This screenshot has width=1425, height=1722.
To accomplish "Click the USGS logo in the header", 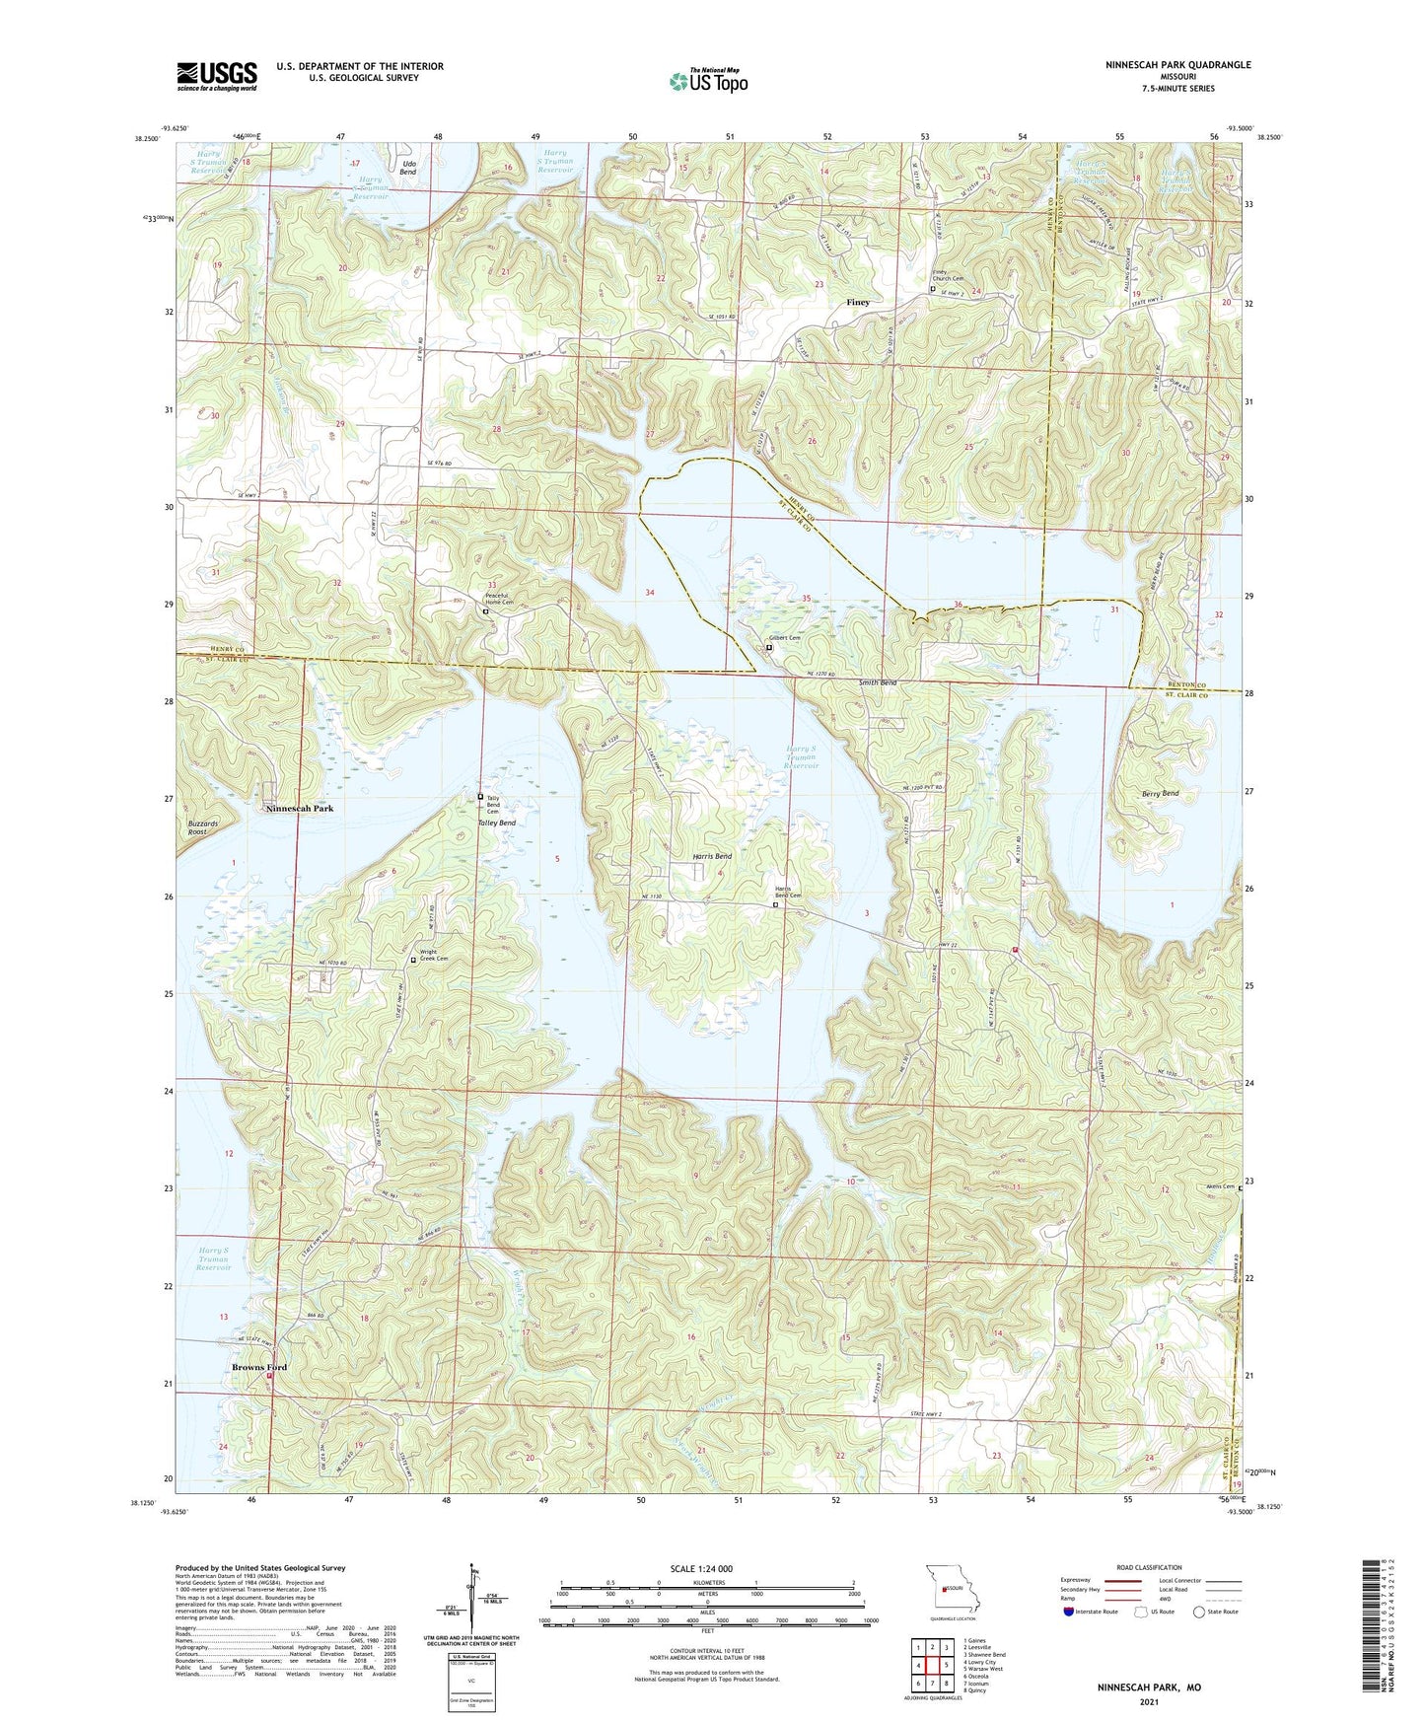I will tap(217, 76).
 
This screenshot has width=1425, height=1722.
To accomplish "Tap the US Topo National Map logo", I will tap(707, 81).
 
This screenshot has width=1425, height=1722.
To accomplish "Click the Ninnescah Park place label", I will tap(300, 808).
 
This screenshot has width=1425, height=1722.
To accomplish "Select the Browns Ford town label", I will tap(259, 1367).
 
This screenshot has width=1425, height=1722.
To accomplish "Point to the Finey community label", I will tap(858, 302).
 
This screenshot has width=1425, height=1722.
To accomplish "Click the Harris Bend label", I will tap(711, 856).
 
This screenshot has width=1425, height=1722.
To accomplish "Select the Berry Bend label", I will tap(1156, 793).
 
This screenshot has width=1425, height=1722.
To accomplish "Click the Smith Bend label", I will tap(877, 682).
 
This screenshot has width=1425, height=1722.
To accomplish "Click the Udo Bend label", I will tap(408, 168).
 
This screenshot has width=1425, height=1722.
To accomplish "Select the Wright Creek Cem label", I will tap(434, 956).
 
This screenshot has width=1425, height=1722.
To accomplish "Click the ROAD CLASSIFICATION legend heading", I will tap(1149, 1567).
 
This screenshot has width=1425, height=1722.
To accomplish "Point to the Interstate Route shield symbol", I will tap(1070, 1612).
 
